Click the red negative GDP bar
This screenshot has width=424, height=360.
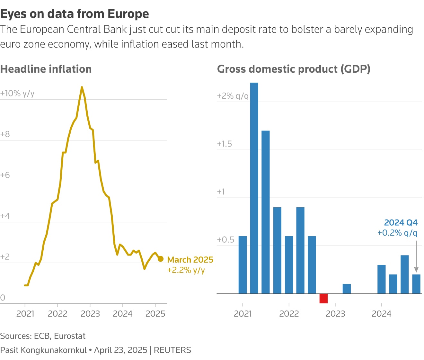click(x=323, y=298)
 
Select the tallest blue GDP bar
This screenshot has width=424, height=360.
click(x=254, y=188)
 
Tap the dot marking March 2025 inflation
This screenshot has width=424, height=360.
click(x=161, y=259)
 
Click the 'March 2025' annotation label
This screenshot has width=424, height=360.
click(x=190, y=260)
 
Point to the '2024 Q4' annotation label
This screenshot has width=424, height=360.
click(x=401, y=222)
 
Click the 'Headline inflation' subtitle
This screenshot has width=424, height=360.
click(x=46, y=69)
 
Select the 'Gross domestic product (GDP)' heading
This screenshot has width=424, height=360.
click(x=294, y=69)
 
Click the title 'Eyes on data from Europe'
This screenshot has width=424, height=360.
click(x=75, y=14)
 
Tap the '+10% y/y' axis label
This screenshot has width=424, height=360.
click(x=17, y=93)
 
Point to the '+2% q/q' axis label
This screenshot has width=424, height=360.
click(x=233, y=96)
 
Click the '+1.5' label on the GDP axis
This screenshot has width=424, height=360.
click(x=224, y=144)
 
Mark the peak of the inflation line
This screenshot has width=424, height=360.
click(x=82, y=87)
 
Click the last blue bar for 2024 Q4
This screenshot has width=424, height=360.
click(x=416, y=284)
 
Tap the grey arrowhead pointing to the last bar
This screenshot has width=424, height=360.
click(x=416, y=269)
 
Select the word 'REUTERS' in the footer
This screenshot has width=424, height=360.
click(x=172, y=350)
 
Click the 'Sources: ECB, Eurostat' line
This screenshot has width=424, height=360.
click(x=43, y=336)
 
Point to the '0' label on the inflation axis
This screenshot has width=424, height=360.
click(x=3, y=298)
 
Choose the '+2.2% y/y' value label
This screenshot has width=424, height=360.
click(x=186, y=270)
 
